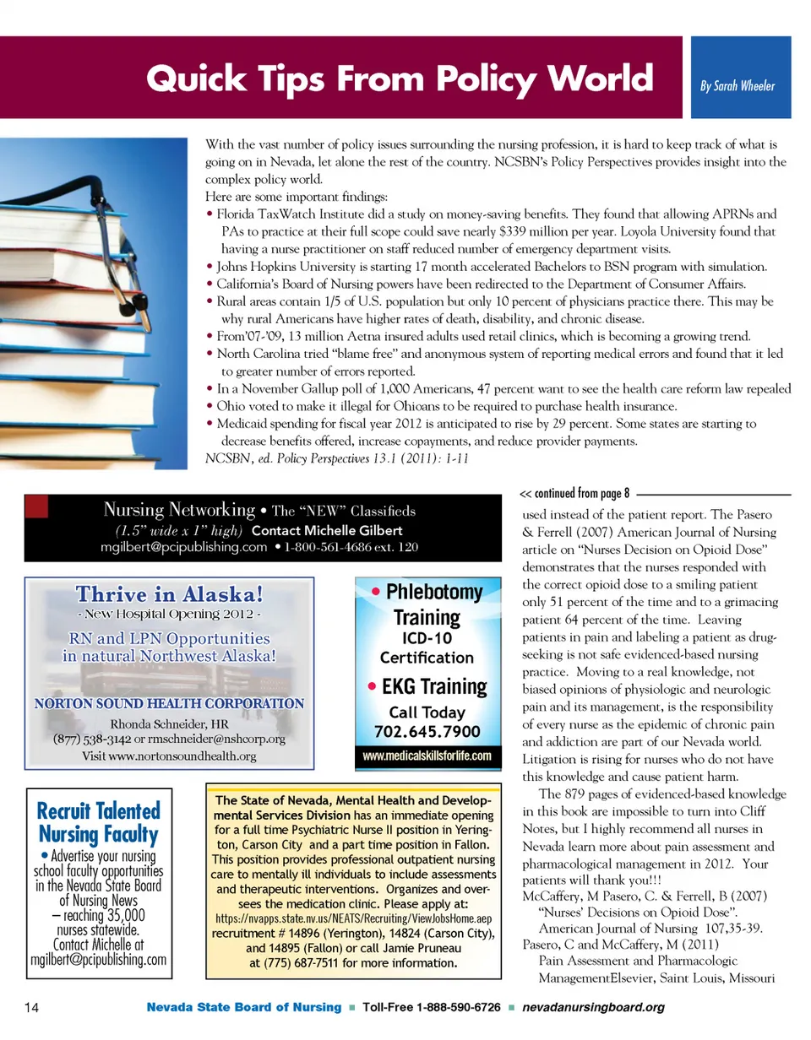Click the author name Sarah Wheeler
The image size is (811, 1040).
pos(738,86)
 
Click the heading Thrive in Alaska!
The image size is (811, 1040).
pos(169,594)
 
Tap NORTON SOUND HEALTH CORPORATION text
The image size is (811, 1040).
pos(169,703)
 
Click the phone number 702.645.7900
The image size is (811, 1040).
pos(427,731)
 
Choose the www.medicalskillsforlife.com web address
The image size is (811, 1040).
pos(427,756)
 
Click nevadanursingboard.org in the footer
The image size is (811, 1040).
pos(594,1007)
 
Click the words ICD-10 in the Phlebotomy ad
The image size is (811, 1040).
pos(427,639)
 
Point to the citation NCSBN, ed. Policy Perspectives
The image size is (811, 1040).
pos(334,458)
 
